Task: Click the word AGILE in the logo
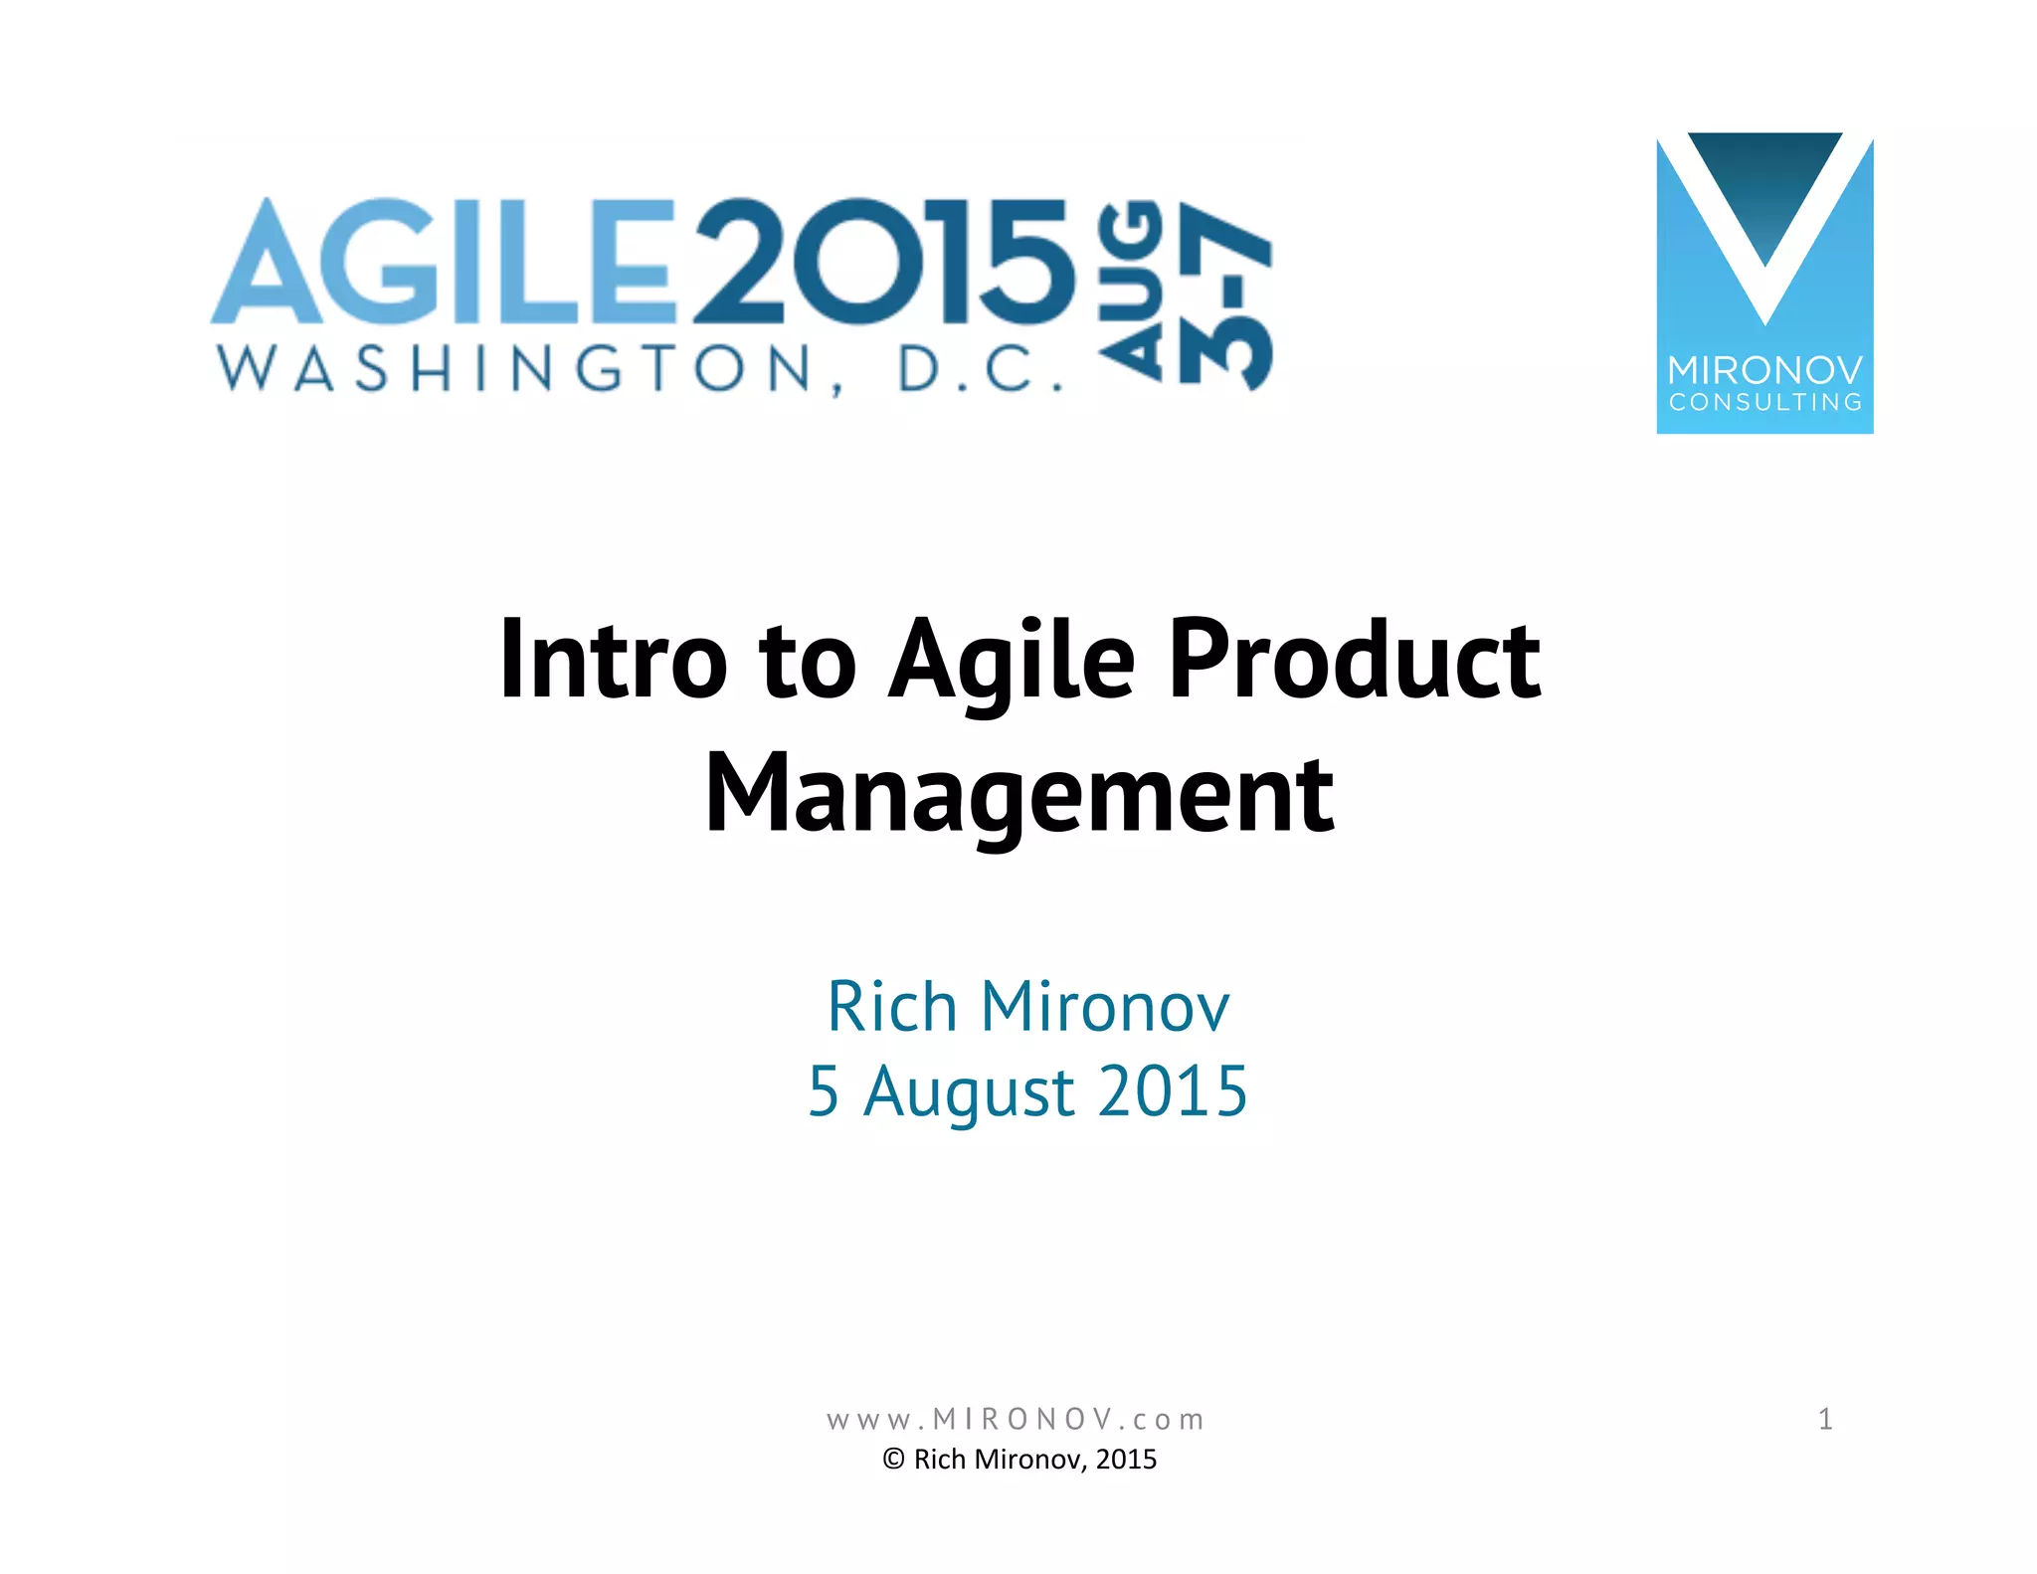(x=443, y=261)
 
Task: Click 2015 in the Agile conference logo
(x=885, y=261)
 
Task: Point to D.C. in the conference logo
(x=980, y=369)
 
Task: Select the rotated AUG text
(x=1131, y=291)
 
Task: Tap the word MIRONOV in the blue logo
(x=1764, y=370)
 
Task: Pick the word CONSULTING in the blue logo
(x=1764, y=403)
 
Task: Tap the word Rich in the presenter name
(x=891, y=1007)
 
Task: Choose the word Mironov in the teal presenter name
(x=1105, y=1007)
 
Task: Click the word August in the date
(x=969, y=1092)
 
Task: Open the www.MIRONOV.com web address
(x=1016, y=1419)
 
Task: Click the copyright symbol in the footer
(x=893, y=1460)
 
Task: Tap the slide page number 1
(x=1825, y=1419)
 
